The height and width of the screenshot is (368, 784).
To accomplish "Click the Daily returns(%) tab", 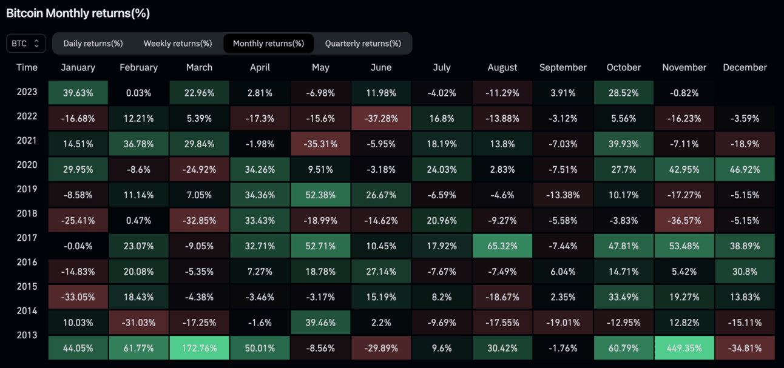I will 93,44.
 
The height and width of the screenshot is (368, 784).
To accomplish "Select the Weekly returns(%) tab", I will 178,44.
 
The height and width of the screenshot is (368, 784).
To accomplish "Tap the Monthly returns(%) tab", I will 268,44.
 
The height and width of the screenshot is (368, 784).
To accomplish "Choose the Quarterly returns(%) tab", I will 363,44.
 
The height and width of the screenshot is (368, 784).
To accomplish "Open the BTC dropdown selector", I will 25,44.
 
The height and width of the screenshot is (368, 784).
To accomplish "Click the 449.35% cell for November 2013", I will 684,349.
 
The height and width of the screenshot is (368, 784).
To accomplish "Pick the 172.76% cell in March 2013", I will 199,349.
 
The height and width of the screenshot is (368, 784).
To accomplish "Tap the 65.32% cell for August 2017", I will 502,247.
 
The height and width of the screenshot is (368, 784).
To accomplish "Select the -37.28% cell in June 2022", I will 381,119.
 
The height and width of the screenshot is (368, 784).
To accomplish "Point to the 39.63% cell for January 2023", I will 78,93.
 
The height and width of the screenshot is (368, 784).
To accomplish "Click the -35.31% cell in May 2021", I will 320,144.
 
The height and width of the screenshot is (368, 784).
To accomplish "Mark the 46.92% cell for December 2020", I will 745,170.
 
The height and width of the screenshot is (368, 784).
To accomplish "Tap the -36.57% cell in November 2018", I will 684,221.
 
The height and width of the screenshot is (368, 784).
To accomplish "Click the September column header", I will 563,67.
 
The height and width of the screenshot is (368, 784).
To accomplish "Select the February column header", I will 138,67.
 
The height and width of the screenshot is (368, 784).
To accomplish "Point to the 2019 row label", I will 27,189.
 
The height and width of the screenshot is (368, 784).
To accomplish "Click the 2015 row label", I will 27,286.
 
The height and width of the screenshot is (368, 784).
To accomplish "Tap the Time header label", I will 27,67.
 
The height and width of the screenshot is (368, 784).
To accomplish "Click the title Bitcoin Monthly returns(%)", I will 78,13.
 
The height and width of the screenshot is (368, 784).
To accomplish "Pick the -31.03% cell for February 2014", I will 138,323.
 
